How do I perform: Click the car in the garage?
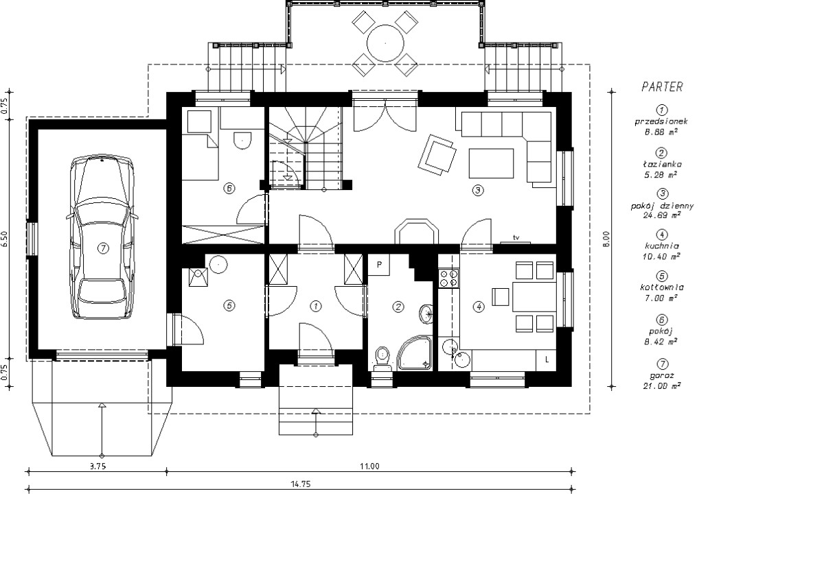click(102, 237)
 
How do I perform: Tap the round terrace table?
click(385, 43)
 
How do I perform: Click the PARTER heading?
click(662, 87)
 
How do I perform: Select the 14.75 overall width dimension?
click(301, 484)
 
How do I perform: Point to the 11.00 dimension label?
click(369, 466)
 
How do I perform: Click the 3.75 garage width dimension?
click(98, 466)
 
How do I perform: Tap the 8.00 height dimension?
click(606, 239)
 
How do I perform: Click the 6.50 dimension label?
click(4, 239)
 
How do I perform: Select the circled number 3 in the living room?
click(478, 190)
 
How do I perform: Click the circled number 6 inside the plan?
click(229, 189)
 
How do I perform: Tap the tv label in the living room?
click(516, 238)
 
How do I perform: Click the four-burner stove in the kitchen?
click(449, 278)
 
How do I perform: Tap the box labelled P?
click(379, 265)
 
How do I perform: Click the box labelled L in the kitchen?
click(547, 360)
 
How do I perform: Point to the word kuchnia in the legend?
click(662, 246)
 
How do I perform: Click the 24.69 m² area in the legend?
click(662, 215)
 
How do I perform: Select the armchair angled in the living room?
click(437, 154)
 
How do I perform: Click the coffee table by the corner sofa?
click(491, 163)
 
